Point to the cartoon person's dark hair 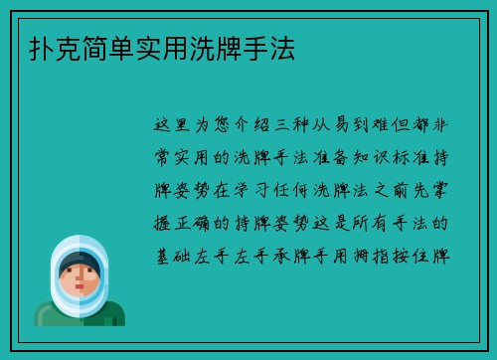(x=80, y=261)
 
